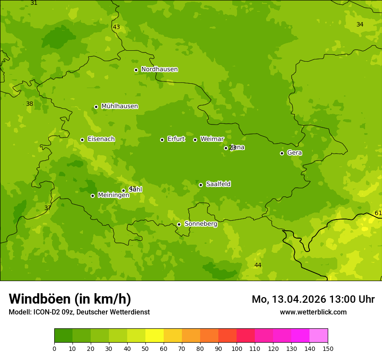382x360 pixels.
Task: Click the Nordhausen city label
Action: click(159, 69)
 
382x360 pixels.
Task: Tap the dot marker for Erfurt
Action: click(162, 140)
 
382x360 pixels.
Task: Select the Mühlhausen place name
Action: click(119, 106)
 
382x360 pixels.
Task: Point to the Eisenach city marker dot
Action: click(82, 140)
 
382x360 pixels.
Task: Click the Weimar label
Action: click(212, 139)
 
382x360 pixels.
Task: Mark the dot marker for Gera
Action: click(282, 153)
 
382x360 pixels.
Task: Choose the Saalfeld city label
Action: click(218, 184)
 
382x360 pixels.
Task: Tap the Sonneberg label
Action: click(201, 224)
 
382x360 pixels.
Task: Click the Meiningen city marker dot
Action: click(92, 196)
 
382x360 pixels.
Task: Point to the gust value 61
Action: click(378, 213)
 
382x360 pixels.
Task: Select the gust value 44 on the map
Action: click(258, 265)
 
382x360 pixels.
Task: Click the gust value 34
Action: click(360, 24)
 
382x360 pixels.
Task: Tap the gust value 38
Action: click(30, 104)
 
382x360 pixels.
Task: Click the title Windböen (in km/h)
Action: click(69, 299)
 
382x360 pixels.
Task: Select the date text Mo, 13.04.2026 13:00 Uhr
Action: click(313, 299)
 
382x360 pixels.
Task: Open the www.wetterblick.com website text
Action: click(313, 312)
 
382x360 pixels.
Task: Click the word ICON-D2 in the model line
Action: click(46, 312)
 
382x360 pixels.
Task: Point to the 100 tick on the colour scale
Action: click(237, 348)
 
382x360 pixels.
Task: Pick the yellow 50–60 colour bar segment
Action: click(155, 336)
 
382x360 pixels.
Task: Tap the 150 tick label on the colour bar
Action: click(328, 348)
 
